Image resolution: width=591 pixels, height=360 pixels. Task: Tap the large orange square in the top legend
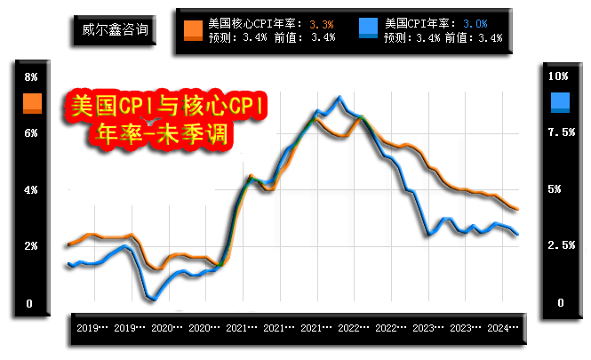(193, 29)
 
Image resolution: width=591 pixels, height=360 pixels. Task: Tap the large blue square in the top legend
(371, 29)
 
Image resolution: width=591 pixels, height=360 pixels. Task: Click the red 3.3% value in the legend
(323, 22)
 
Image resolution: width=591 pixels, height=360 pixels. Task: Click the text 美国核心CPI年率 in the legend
(254, 22)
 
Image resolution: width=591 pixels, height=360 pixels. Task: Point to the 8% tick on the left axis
(31, 76)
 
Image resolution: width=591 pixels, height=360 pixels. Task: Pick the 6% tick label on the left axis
(31, 133)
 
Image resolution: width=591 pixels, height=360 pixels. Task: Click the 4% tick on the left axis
(31, 190)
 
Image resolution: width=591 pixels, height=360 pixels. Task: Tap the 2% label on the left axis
(31, 246)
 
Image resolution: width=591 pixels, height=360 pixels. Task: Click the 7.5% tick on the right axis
(561, 132)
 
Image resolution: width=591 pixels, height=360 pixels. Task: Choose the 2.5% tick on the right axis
(561, 246)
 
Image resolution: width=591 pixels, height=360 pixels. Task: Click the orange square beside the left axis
(32, 103)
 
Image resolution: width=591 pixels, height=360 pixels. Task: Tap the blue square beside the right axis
(561, 103)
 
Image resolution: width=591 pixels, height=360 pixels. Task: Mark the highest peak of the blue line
(339, 96)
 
